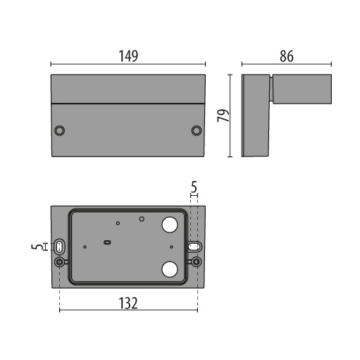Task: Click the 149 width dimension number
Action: [128, 56]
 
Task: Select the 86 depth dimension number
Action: [287, 56]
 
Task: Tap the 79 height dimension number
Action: [223, 116]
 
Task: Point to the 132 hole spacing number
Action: [128, 303]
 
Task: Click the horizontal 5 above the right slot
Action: [194, 187]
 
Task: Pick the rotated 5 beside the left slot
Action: [37, 247]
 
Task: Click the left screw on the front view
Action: [59, 130]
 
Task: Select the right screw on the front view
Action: [197, 130]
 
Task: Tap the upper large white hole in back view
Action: [170, 225]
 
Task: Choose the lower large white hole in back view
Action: [170, 269]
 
